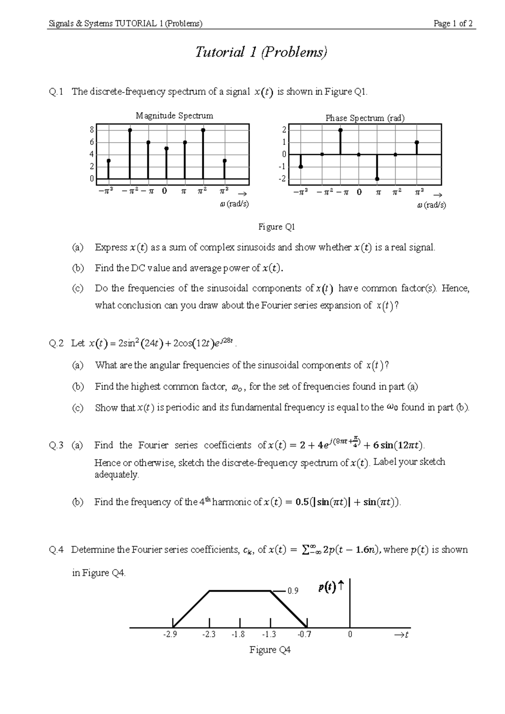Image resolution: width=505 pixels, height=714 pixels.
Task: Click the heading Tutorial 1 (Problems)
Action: (x=261, y=52)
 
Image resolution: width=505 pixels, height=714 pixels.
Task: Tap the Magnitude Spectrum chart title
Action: (x=174, y=116)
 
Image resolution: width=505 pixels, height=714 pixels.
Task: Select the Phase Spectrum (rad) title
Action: (x=365, y=118)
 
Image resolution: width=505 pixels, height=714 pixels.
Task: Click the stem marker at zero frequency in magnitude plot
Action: (x=167, y=149)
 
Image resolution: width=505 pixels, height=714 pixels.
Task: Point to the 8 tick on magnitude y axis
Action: (x=92, y=130)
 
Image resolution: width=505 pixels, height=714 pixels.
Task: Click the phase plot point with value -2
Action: (x=377, y=179)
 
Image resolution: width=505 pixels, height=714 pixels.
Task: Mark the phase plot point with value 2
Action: (x=340, y=130)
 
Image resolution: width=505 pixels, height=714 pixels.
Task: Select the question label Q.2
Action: (x=56, y=344)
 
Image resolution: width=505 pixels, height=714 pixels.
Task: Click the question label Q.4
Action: (x=56, y=549)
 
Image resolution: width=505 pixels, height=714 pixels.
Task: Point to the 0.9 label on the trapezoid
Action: (x=293, y=591)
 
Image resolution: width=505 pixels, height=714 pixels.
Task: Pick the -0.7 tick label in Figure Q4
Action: (x=304, y=634)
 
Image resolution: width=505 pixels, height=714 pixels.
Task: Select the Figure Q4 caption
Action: (x=270, y=650)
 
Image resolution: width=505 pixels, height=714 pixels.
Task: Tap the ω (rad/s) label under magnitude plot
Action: (x=234, y=204)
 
